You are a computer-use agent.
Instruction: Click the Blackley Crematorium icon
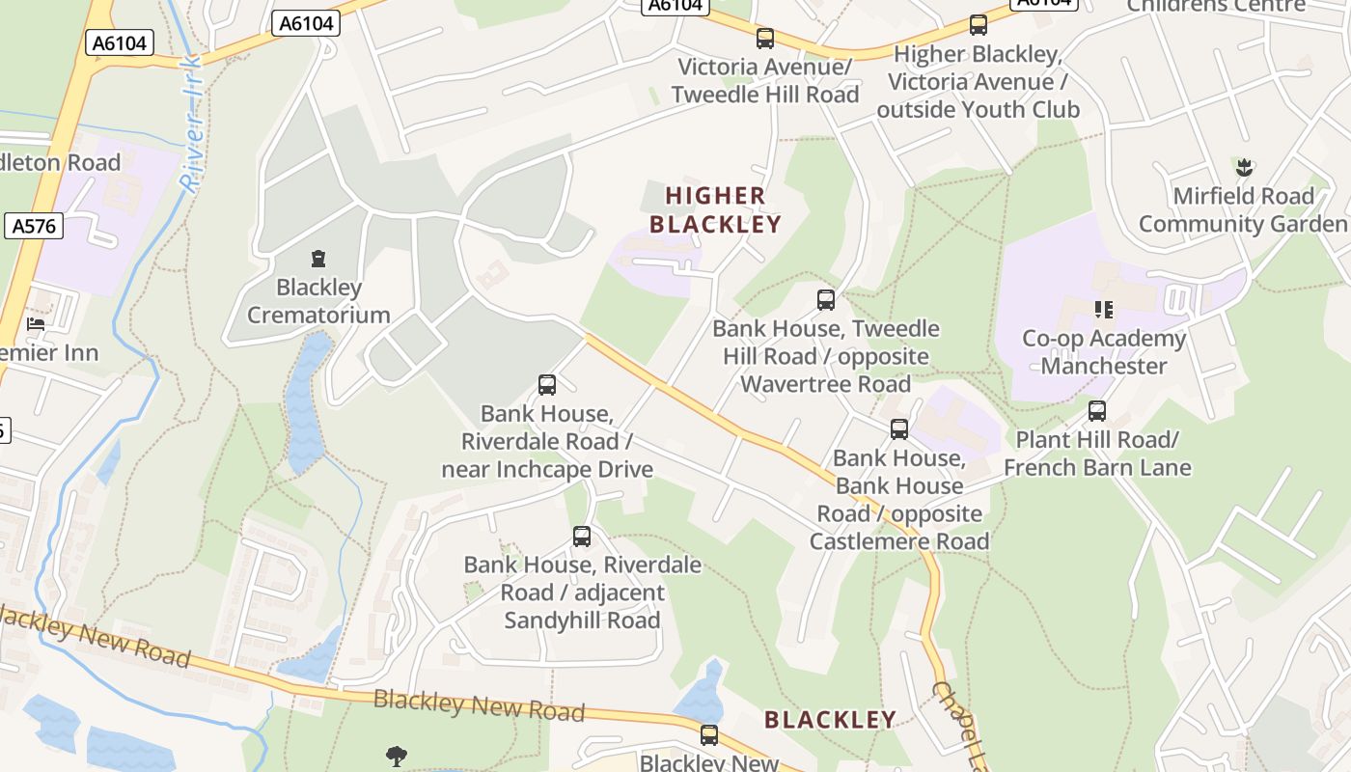pyautogui.click(x=318, y=259)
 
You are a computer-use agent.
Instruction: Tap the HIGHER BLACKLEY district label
pyautogui.click(x=715, y=210)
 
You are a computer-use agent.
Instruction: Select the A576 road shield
pyautogui.click(x=34, y=227)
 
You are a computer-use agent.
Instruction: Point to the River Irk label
pyautogui.click(x=192, y=124)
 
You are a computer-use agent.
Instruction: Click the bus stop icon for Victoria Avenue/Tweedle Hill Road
pyautogui.click(x=765, y=39)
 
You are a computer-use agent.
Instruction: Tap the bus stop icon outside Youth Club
pyautogui.click(x=979, y=25)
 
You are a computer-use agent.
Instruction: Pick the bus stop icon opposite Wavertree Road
pyautogui.click(x=826, y=300)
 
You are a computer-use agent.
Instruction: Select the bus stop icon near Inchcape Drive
pyautogui.click(x=547, y=386)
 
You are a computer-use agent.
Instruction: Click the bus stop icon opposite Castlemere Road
pyautogui.click(x=899, y=429)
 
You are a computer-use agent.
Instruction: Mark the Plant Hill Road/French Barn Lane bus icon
pyautogui.click(x=1097, y=411)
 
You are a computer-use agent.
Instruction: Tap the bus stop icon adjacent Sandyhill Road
pyautogui.click(x=582, y=537)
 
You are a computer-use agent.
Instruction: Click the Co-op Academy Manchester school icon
pyautogui.click(x=1104, y=310)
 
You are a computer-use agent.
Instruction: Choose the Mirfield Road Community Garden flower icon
pyautogui.click(x=1244, y=168)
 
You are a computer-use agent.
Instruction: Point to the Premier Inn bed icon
pyautogui.click(x=37, y=324)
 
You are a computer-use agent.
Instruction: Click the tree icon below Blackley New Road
pyautogui.click(x=396, y=756)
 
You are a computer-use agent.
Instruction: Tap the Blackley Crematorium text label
pyautogui.click(x=318, y=301)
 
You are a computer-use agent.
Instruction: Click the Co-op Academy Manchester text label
pyautogui.click(x=1104, y=352)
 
